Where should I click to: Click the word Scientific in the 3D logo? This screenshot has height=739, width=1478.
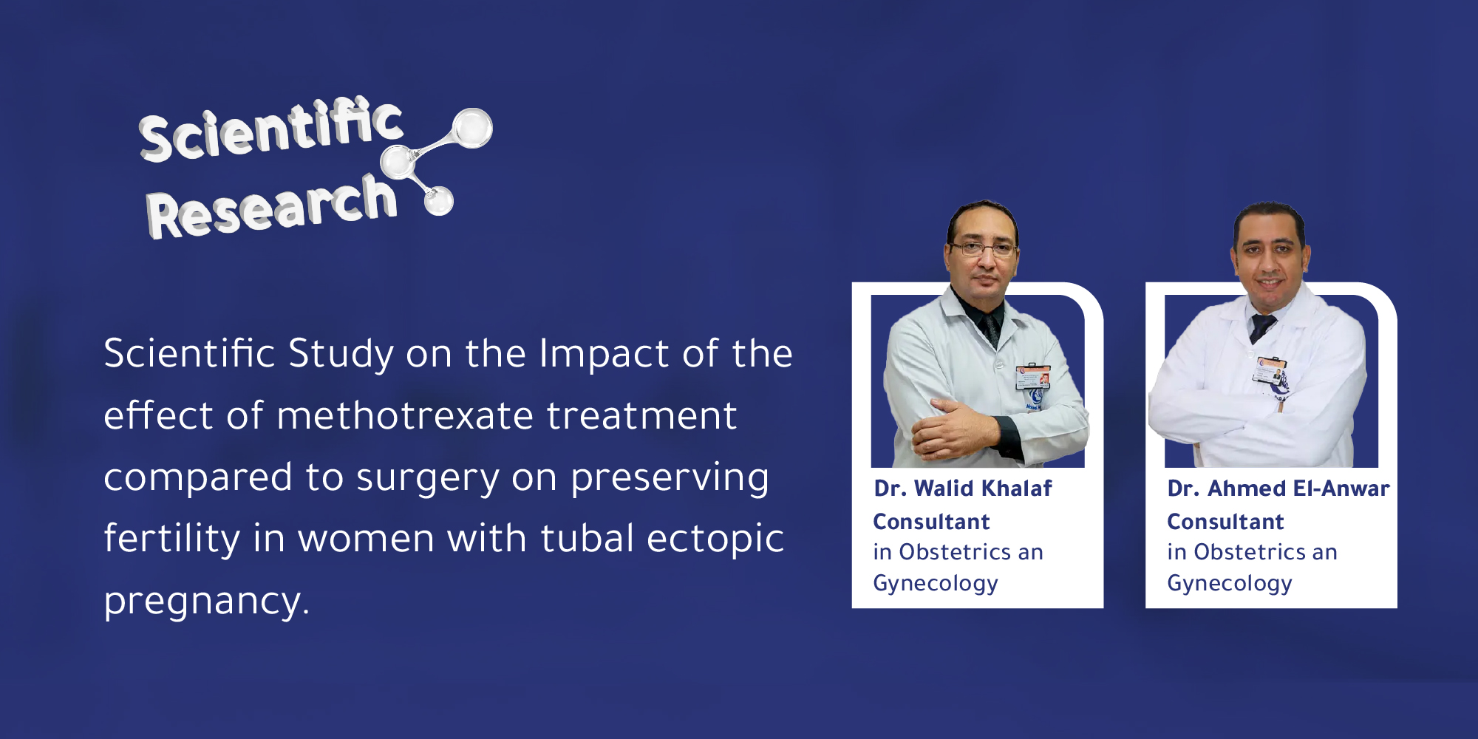pyautogui.click(x=270, y=130)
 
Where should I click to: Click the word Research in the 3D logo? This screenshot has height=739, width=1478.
pyautogui.click(x=270, y=207)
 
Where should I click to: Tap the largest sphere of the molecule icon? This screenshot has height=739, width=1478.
pyautogui.click(x=471, y=128)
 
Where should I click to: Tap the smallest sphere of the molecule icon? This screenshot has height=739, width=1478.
pyautogui.click(x=439, y=200)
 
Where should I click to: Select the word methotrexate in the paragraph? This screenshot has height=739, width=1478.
pyautogui.click(x=404, y=415)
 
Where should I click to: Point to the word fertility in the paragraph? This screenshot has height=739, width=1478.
pyautogui.click(x=171, y=538)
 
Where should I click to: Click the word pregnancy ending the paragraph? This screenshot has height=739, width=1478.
pyautogui.click(x=205, y=602)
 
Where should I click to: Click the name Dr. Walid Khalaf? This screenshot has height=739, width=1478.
pyautogui.click(x=962, y=488)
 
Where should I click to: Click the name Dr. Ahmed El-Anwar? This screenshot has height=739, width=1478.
pyautogui.click(x=1278, y=488)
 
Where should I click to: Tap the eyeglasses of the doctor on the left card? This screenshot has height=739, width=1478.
pyautogui.click(x=984, y=249)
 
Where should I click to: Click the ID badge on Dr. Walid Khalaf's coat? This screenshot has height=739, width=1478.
pyautogui.click(x=1032, y=377)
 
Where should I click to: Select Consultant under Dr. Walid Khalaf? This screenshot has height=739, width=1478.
pyautogui.click(x=931, y=522)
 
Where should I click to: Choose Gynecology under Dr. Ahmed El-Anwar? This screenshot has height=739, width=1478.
pyautogui.click(x=1229, y=584)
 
